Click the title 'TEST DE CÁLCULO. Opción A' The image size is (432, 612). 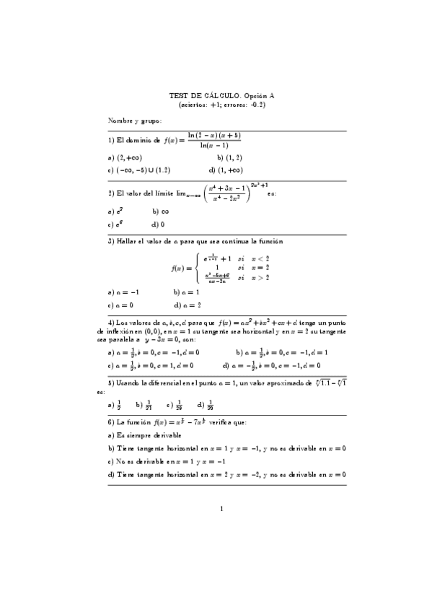click(216, 95)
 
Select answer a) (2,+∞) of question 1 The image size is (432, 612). click(124, 157)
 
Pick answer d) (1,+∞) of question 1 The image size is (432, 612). click(224, 170)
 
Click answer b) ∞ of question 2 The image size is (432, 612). click(161, 212)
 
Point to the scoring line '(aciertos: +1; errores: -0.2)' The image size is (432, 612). click(216, 105)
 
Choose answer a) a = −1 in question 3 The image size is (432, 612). click(123, 292)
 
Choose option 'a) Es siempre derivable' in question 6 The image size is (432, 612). click(144, 435)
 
